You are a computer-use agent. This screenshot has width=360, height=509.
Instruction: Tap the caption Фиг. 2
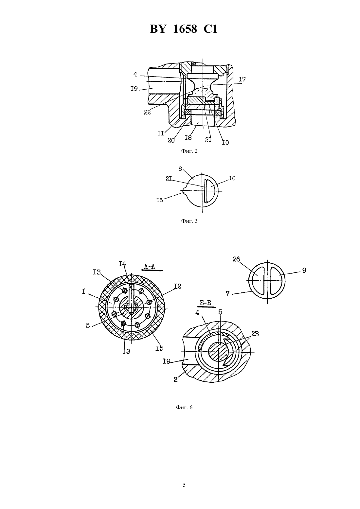[x=189, y=151]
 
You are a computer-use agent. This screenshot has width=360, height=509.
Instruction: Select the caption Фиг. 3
[x=189, y=220]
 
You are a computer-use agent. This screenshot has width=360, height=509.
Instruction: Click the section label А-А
[x=150, y=266]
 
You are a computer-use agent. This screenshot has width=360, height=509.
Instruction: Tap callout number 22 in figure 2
[x=147, y=112]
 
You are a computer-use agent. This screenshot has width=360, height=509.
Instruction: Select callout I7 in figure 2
[x=243, y=79]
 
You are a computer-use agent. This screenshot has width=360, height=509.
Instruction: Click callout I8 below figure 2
[x=188, y=138]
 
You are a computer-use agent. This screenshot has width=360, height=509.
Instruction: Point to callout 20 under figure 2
[x=171, y=140]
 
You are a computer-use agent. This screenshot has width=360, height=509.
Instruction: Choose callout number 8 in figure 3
[x=180, y=168]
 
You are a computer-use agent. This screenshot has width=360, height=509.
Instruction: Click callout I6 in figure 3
[x=160, y=200]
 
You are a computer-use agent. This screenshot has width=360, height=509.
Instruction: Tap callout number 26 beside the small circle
[x=236, y=259]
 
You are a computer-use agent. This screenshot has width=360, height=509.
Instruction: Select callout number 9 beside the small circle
[x=304, y=270]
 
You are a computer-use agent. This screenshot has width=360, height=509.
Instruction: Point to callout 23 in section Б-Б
[x=255, y=334]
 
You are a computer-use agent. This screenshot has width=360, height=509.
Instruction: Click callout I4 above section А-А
[x=122, y=264]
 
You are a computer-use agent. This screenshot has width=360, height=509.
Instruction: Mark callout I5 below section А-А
[x=159, y=348]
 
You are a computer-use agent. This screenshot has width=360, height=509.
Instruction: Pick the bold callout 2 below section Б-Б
[x=175, y=379]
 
